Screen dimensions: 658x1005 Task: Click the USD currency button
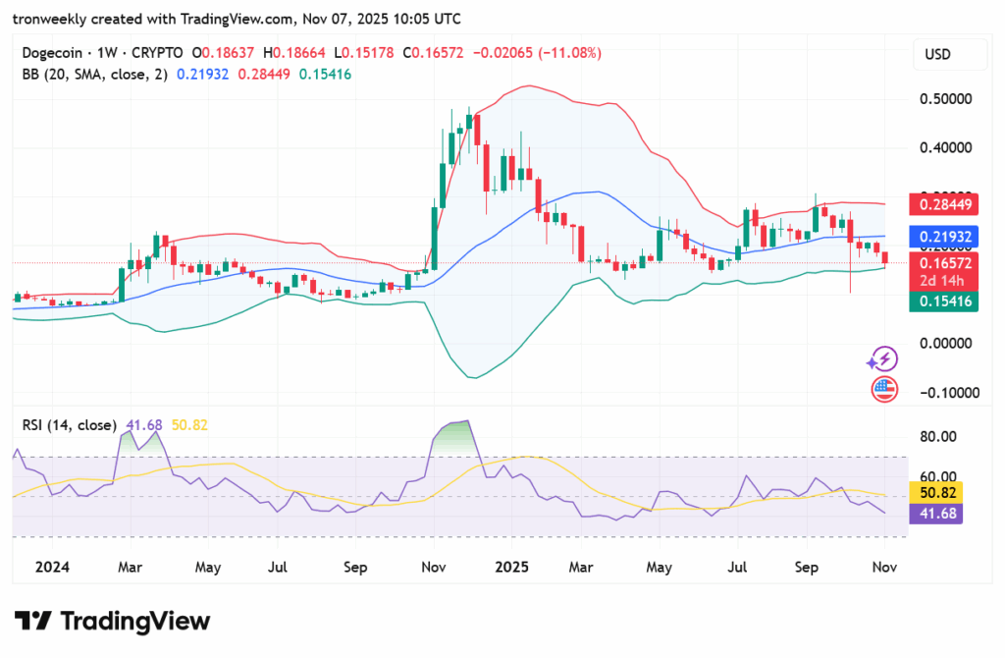point(937,54)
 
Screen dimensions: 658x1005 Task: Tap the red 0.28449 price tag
point(946,204)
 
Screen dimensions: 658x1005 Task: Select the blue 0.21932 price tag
point(946,236)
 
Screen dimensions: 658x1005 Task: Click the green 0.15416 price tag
point(946,302)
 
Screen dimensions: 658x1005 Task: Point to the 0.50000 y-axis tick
point(945,99)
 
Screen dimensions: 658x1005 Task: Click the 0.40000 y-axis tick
point(945,148)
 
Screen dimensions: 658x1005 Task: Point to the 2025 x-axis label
point(511,567)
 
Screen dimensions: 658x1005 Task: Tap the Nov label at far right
point(884,567)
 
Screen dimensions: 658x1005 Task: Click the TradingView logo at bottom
point(112,621)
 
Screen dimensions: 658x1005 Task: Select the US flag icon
point(884,389)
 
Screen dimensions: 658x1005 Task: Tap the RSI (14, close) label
point(68,425)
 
